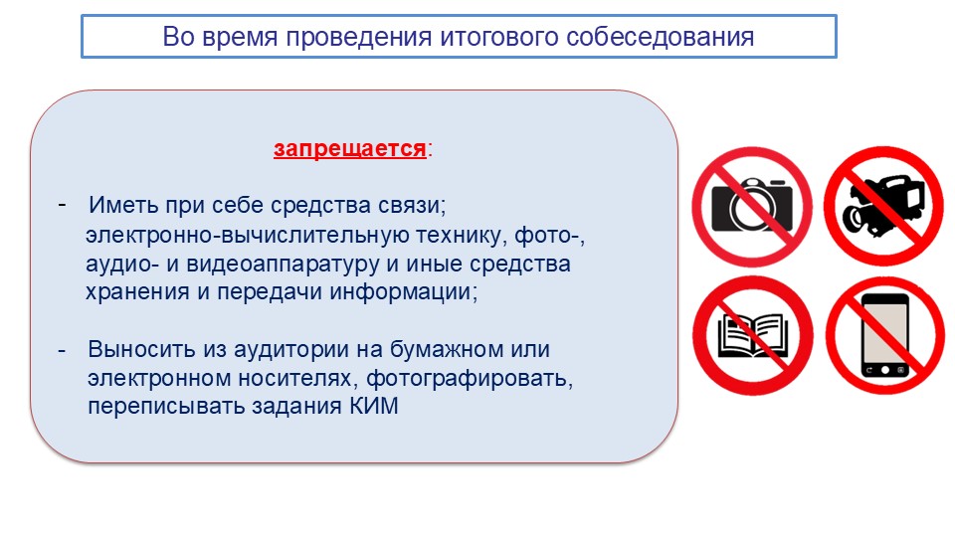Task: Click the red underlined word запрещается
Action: [x=349, y=148]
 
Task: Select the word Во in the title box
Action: [x=178, y=37]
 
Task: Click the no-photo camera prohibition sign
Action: [x=752, y=207]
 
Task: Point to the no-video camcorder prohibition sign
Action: [x=883, y=207]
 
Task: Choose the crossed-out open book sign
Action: [x=753, y=335]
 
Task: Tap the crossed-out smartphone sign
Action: [x=885, y=335]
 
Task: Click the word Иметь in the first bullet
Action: [x=123, y=205]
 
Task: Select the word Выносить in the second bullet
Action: [x=142, y=349]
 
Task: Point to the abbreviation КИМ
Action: [x=374, y=406]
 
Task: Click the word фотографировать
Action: [x=470, y=379]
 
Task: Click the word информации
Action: [x=404, y=292]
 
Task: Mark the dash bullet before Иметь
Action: [x=62, y=204]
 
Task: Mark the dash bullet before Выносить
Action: [x=62, y=350]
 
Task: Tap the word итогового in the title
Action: [x=499, y=37]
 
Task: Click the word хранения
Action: [x=137, y=292]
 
